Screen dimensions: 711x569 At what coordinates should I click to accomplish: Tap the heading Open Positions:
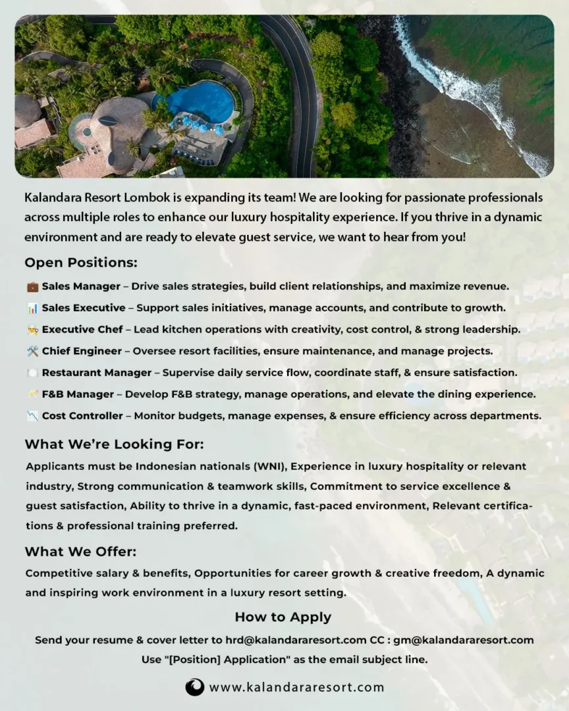[x=81, y=263]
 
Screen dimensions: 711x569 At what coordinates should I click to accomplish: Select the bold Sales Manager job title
[x=81, y=286]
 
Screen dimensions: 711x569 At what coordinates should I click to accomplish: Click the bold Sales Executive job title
[x=84, y=307]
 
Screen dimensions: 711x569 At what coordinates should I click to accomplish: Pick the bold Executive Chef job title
[x=82, y=329]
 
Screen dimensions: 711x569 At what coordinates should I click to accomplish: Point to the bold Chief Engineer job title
[x=82, y=351]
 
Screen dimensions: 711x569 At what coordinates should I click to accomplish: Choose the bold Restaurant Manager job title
[x=97, y=373]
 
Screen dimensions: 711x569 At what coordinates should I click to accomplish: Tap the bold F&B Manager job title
[x=78, y=394]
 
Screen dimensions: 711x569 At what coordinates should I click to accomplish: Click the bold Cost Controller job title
[x=82, y=416]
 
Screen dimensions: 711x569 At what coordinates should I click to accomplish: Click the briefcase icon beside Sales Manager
[x=32, y=287]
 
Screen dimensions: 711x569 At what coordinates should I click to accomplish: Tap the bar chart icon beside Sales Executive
[x=32, y=308]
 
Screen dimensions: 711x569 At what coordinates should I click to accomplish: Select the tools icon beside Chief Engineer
[x=32, y=352]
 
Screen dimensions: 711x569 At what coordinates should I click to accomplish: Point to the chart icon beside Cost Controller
[x=32, y=416]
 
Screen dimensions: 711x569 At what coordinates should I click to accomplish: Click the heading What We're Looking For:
[x=114, y=444]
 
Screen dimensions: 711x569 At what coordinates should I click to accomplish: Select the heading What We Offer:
[x=80, y=552]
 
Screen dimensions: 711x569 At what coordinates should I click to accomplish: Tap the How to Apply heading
[x=283, y=617]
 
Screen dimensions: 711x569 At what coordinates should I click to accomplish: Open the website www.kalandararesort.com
[x=296, y=687]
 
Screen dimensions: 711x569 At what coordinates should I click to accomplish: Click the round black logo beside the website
[x=195, y=687]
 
